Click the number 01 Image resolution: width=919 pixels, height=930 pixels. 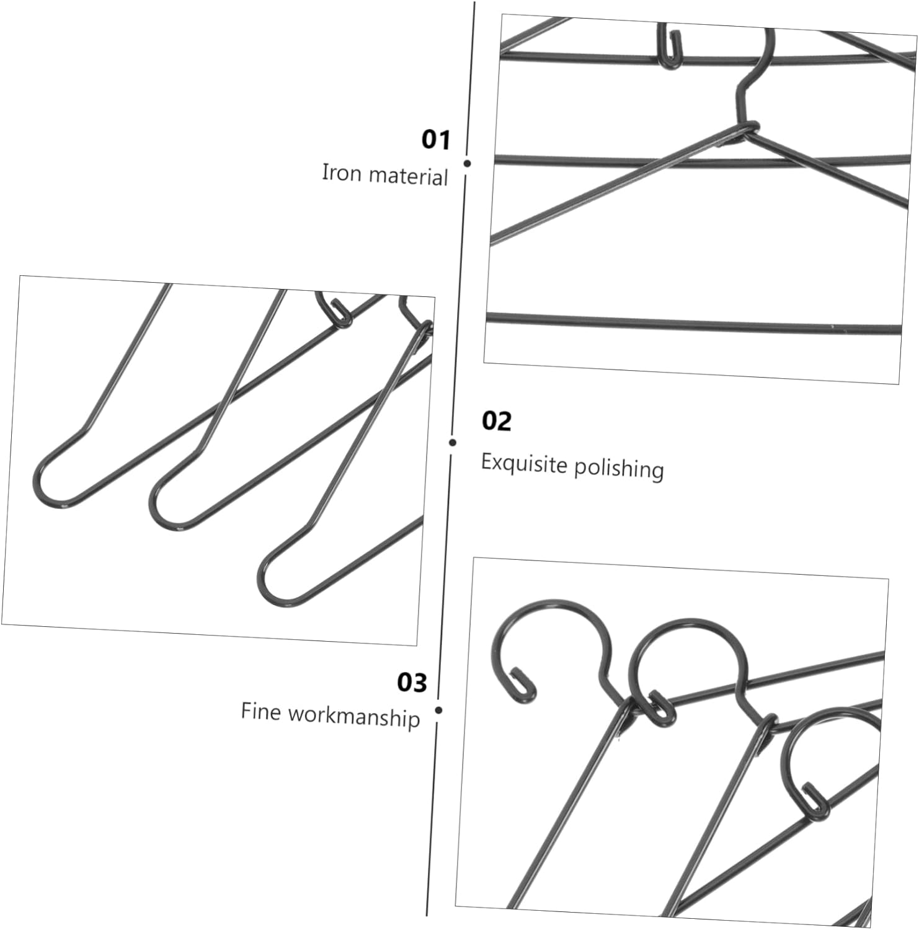435,139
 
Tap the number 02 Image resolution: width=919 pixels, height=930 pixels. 496,421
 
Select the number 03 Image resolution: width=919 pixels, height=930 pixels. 412,682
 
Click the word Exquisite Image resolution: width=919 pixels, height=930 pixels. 525,463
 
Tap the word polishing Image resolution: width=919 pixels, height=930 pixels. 618,468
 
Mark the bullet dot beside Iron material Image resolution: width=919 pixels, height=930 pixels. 467,164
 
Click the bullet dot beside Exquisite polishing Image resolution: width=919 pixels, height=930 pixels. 453,442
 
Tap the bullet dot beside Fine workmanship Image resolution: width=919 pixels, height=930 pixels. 438,711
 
